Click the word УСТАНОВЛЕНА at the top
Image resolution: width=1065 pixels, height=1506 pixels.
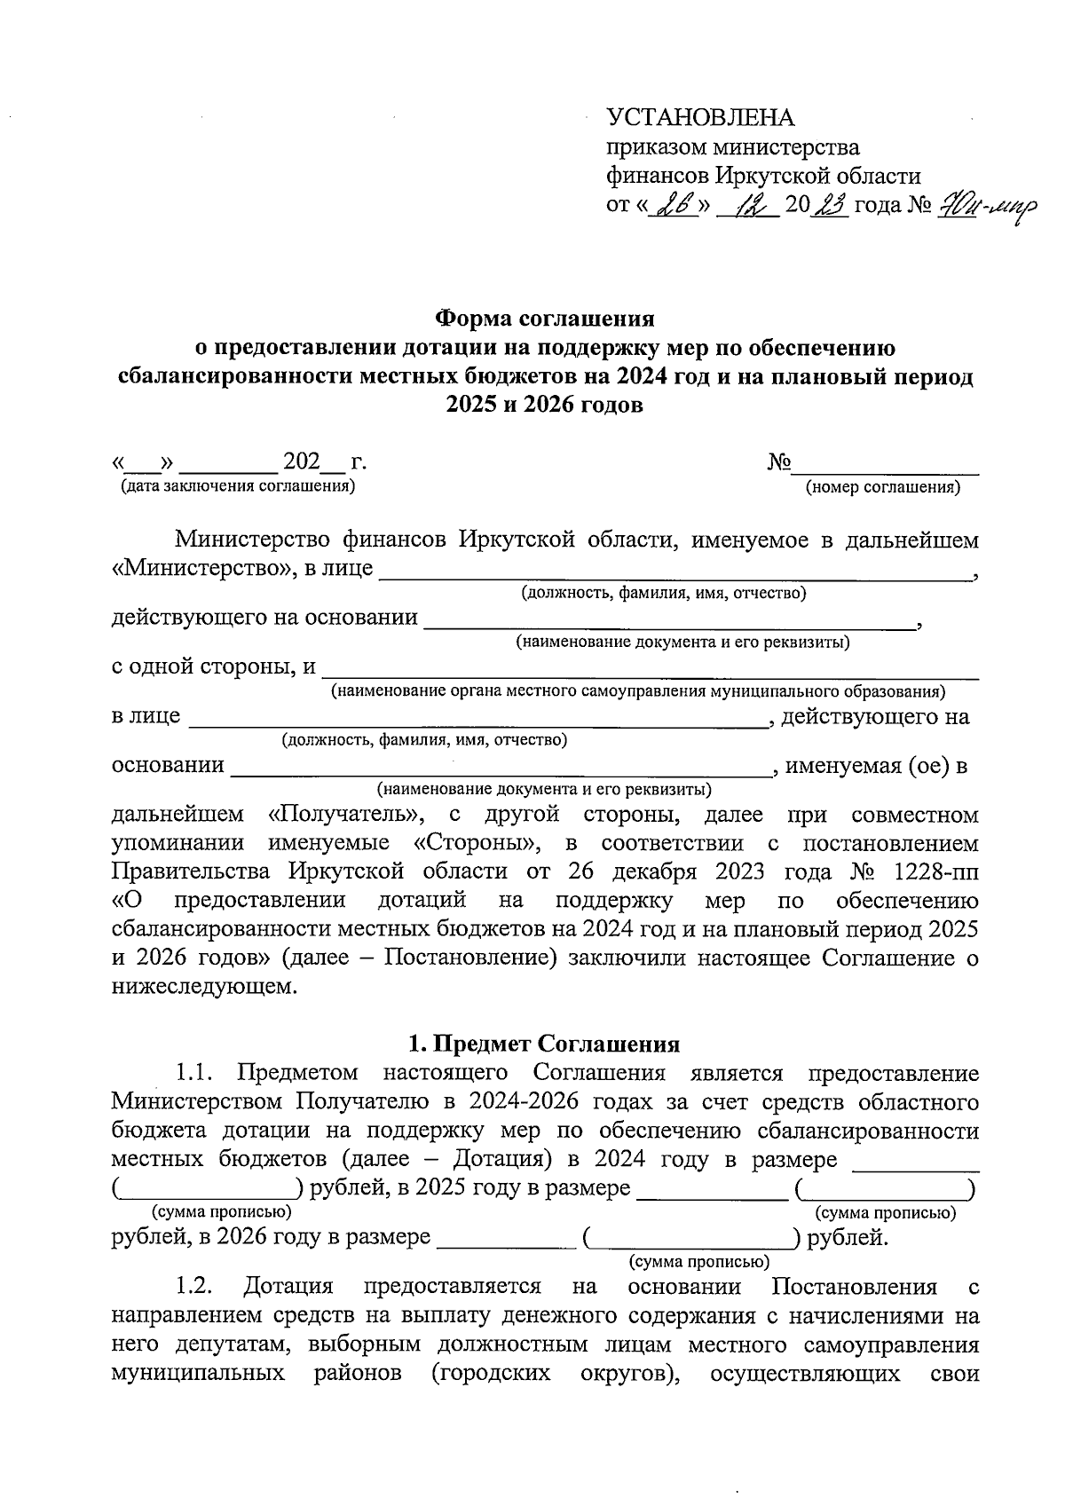[700, 117]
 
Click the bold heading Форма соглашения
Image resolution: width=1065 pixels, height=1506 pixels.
[544, 317]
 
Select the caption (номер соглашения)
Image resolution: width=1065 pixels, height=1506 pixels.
[882, 487]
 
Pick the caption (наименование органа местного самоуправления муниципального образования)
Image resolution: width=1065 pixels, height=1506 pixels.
[637, 690]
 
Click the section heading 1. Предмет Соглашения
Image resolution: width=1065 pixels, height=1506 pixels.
[544, 1044]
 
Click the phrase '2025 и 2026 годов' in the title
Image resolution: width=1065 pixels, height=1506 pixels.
[543, 406]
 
